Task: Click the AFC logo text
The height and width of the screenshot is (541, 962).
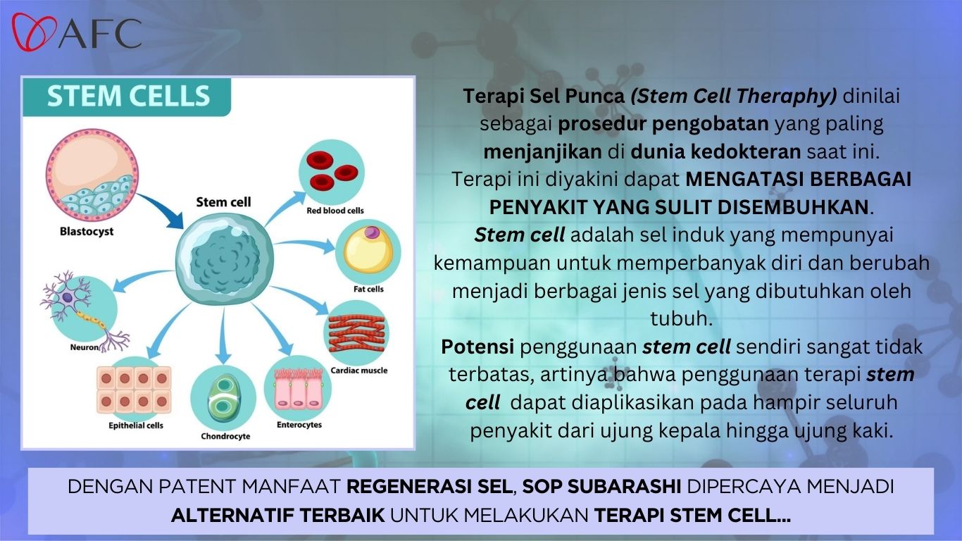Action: click(x=100, y=33)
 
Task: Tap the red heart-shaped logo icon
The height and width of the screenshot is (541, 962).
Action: click(x=35, y=32)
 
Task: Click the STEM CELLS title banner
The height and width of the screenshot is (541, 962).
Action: click(x=127, y=97)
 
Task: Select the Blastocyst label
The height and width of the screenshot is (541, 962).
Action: click(x=87, y=232)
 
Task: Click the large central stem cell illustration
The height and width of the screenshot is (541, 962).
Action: click(x=224, y=258)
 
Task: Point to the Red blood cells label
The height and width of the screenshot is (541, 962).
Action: click(x=335, y=211)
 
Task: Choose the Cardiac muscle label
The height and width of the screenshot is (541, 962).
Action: click(x=359, y=371)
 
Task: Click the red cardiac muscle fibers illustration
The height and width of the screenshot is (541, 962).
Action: click(x=356, y=333)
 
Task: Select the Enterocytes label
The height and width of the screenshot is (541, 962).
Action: click(x=299, y=425)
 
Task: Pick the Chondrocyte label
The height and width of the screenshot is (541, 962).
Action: click(x=225, y=437)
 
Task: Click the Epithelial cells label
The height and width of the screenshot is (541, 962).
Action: click(x=136, y=426)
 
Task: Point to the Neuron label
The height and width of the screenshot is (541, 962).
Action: click(x=85, y=347)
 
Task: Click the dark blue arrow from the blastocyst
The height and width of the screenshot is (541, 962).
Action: click(x=161, y=211)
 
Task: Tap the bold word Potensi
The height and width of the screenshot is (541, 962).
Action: click(x=477, y=347)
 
